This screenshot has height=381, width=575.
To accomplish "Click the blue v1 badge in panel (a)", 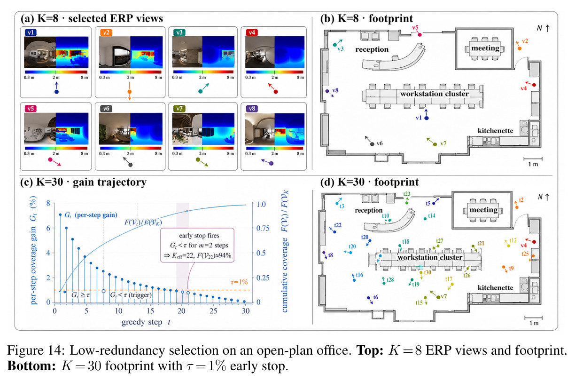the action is [x=31, y=32].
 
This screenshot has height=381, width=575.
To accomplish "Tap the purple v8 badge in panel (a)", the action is [x=252, y=109].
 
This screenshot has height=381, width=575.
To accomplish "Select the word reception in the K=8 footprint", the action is [x=372, y=49].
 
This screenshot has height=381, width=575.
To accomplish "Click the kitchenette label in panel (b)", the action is [x=495, y=131].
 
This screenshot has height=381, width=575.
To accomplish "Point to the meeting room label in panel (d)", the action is [x=483, y=210].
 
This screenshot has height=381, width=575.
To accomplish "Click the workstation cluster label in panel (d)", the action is [x=430, y=257].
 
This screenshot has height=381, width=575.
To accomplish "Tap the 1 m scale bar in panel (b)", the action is [x=533, y=159].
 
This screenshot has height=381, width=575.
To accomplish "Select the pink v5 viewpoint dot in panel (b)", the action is [x=420, y=35].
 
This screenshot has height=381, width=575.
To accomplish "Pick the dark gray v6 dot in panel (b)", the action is [x=372, y=144].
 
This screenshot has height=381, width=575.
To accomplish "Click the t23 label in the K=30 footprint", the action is [x=407, y=194].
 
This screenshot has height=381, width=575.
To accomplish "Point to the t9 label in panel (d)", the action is [x=511, y=269].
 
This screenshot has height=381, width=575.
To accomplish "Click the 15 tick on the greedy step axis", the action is [x=150, y=311].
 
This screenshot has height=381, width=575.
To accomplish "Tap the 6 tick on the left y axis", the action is [x=48, y=228].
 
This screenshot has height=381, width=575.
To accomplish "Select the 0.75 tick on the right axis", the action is [x=263, y=228].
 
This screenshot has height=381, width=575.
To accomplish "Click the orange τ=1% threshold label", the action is [x=239, y=282].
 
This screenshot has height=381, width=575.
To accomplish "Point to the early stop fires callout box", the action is [x=197, y=245].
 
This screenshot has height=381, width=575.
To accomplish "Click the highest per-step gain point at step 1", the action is [x=60, y=214].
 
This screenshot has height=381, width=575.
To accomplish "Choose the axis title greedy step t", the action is [x=146, y=322].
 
